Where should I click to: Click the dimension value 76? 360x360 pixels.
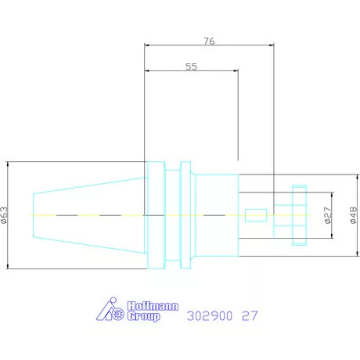[209, 41]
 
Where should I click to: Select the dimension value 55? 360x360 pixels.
[191, 67]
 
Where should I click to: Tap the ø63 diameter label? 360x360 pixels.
[5, 215]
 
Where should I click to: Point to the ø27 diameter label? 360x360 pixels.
[328, 215]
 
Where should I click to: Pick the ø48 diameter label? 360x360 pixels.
[353, 215]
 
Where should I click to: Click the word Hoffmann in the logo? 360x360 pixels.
[153, 306]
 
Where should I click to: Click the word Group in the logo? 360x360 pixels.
[143, 316]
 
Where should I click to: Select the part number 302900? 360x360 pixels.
[210, 315]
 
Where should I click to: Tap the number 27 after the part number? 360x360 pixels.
[250, 315]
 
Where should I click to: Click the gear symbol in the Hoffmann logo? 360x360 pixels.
[118, 314]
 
